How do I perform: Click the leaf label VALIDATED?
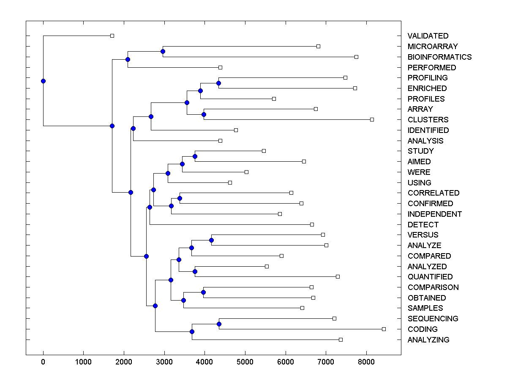coord(428,36)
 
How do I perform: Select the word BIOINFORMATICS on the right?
coord(439,57)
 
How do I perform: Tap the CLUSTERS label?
coord(428,120)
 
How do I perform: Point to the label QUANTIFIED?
coord(430,277)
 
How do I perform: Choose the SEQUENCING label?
coord(433,319)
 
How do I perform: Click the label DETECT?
coord(423,225)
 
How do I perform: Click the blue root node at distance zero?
coord(43,81)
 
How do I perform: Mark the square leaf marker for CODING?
coord(384,329)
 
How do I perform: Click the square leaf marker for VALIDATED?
coord(112,36)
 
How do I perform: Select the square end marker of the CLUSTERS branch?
coord(372,119)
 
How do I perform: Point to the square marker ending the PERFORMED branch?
coord(220,67)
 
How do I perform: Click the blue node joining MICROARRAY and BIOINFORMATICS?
coord(163,51)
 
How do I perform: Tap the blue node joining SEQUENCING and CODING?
coord(219,324)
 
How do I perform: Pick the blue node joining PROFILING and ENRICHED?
coord(218,83)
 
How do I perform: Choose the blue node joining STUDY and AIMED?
coord(195,156)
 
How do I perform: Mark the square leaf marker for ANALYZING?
coord(341,340)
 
